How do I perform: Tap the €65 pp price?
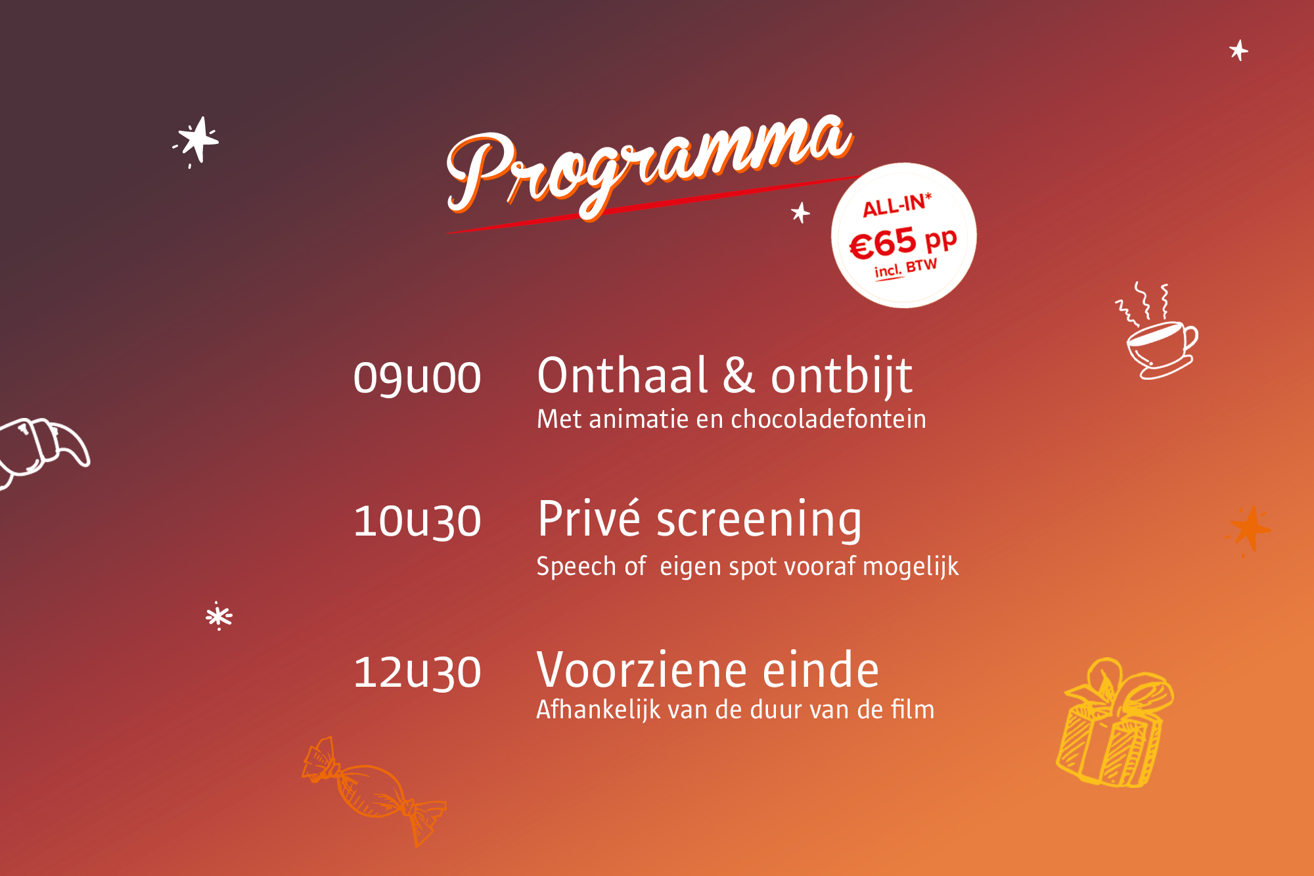point(903,242)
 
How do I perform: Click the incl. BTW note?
point(905,268)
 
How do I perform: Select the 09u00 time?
point(417,378)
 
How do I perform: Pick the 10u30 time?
point(417,521)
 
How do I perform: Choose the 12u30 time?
point(417,672)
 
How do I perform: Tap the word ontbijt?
point(842,376)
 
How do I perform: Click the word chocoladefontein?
point(828,419)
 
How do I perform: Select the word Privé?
point(589,519)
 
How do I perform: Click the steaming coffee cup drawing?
point(1158,335)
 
